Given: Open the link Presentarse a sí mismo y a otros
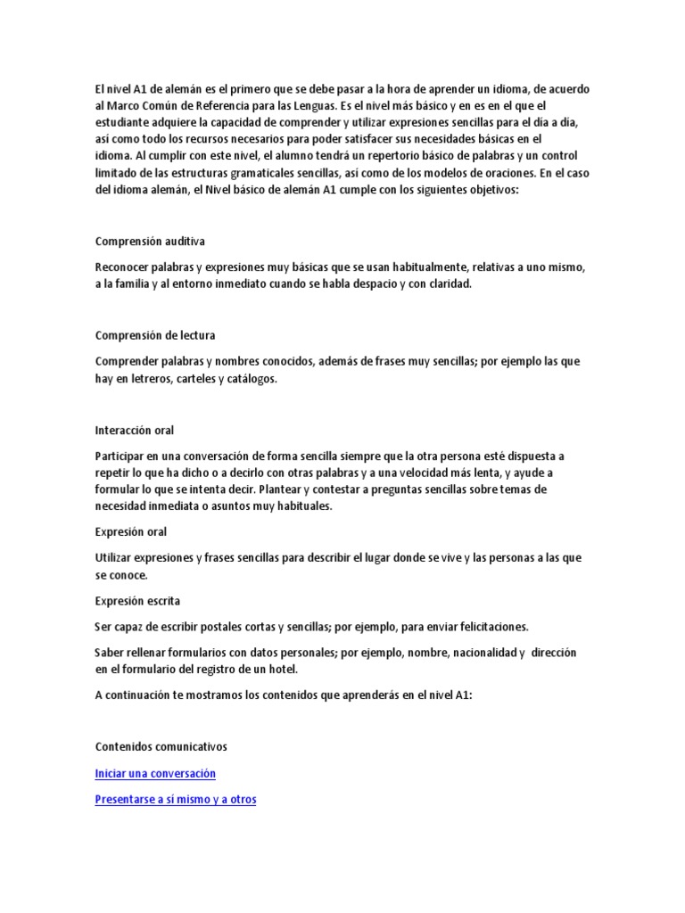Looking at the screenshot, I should pos(175,800).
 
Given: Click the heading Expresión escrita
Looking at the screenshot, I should pos(137,601).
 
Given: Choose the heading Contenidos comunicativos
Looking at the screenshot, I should pos(161,746).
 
